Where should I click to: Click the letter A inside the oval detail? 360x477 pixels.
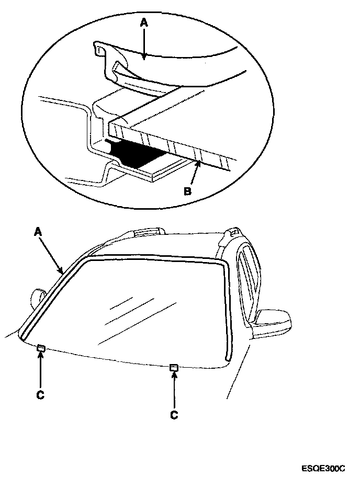click(x=144, y=22)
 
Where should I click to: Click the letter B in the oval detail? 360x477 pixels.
click(x=187, y=191)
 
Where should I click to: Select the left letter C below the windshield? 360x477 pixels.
click(x=41, y=395)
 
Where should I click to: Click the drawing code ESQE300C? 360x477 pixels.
click(x=323, y=468)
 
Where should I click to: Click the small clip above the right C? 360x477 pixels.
click(x=174, y=368)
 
